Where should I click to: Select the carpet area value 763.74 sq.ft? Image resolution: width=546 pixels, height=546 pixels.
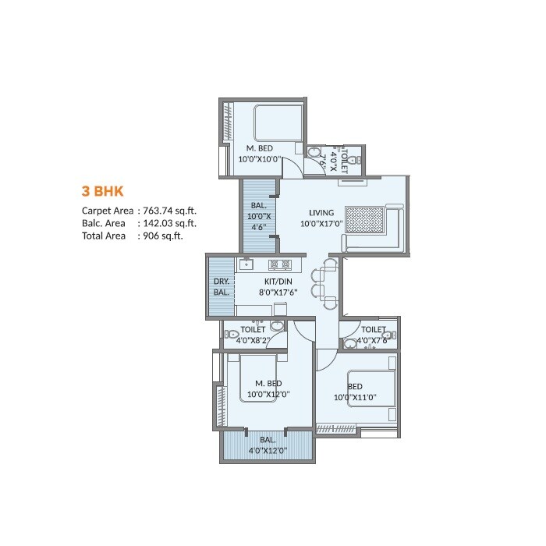[169, 211]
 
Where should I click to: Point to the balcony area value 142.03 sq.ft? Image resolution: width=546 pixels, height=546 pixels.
[169, 223]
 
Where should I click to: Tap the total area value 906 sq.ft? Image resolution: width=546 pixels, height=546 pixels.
[161, 236]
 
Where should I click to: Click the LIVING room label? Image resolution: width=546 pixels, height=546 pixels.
[321, 212]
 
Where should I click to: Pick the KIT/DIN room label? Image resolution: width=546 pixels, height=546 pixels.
[274, 281]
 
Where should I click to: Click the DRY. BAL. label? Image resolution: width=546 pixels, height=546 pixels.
[221, 287]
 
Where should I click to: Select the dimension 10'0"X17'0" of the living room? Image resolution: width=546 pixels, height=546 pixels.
[321, 224]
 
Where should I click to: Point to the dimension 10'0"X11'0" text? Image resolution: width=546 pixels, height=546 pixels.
[356, 398]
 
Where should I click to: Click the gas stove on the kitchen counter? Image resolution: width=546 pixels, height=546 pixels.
[280, 264]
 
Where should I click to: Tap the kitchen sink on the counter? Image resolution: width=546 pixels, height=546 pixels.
[246, 264]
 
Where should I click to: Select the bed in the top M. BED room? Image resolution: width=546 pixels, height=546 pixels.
[278, 122]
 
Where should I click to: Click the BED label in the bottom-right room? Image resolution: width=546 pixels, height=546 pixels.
[355, 387]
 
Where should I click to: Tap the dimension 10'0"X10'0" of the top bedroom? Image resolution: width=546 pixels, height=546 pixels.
[260, 159]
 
